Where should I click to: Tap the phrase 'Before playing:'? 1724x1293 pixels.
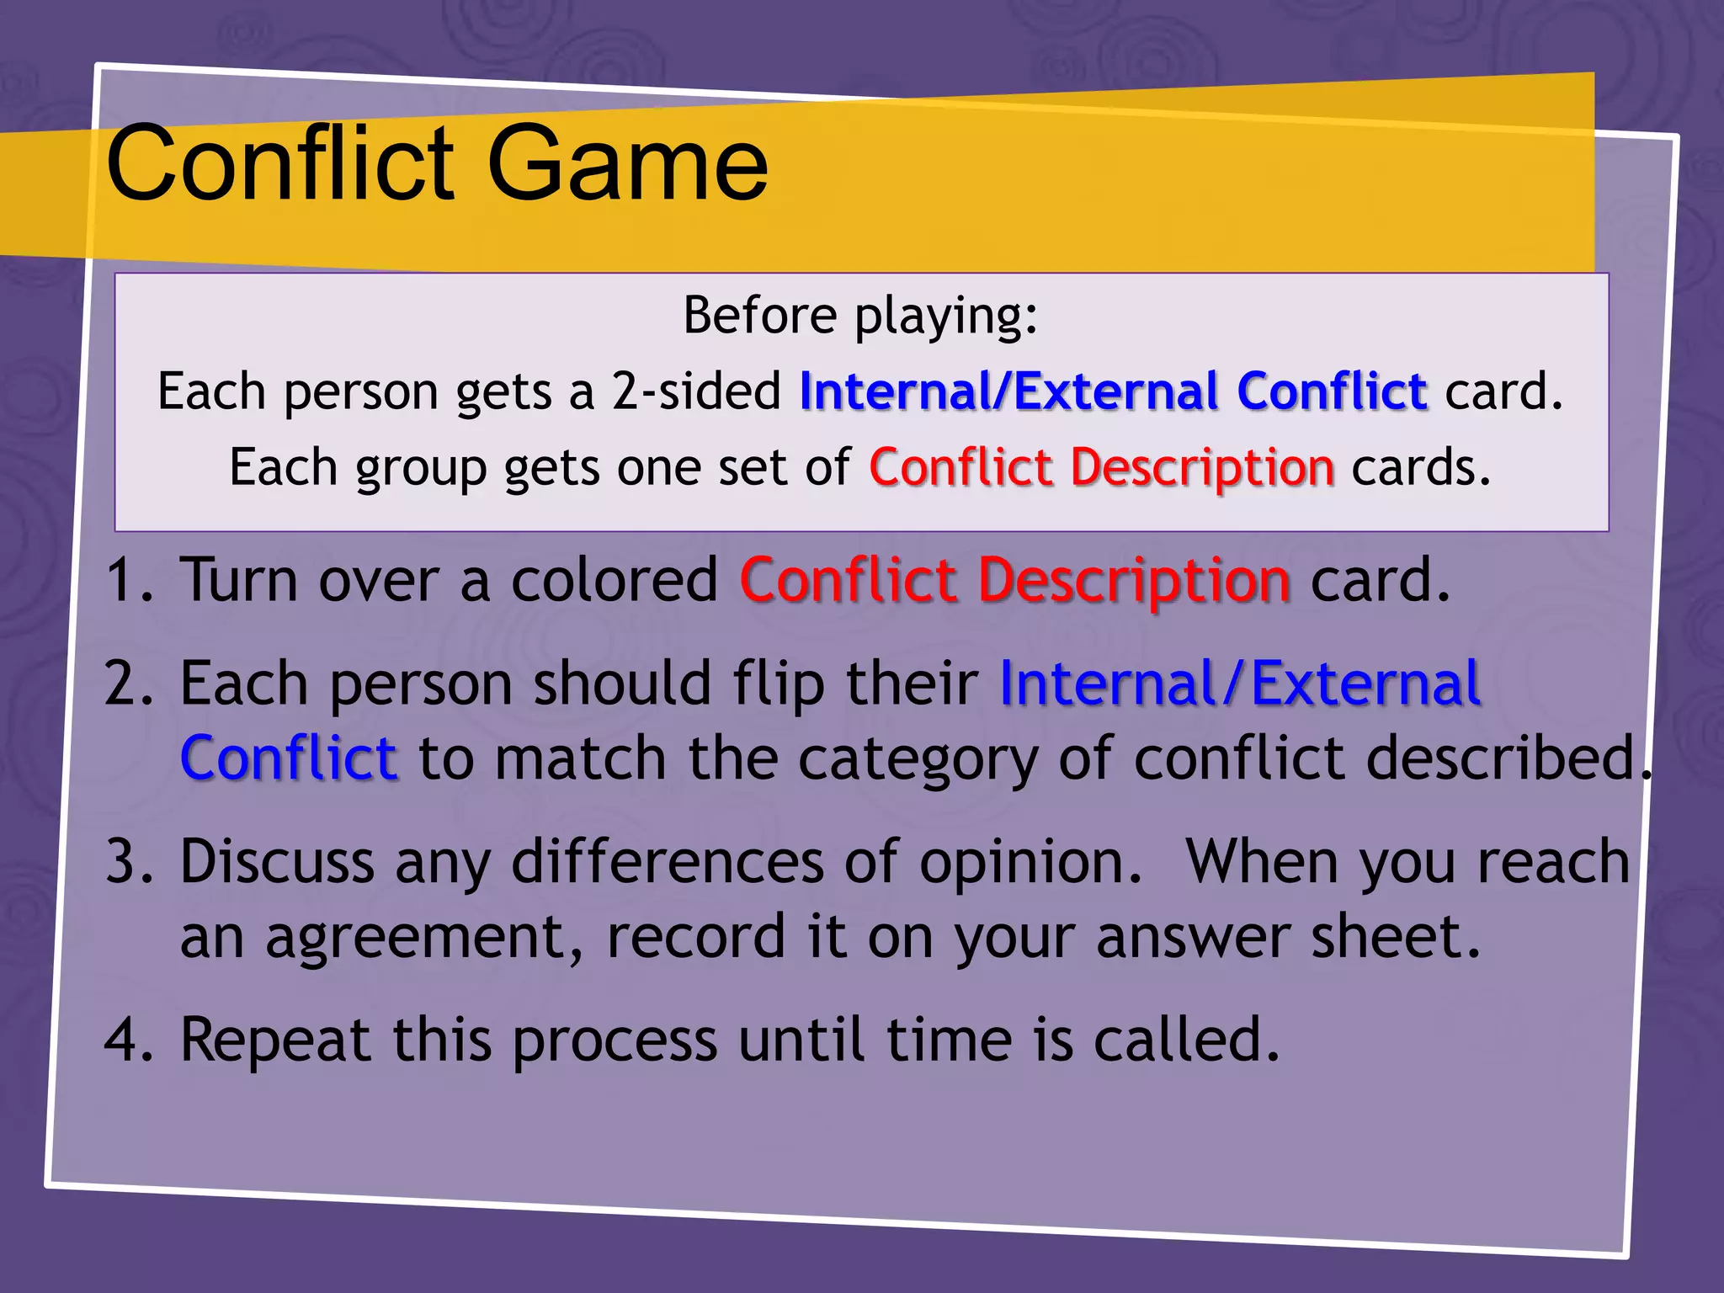point(860,316)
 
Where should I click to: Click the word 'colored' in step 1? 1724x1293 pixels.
point(615,581)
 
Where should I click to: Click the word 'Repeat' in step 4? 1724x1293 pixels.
point(275,1041)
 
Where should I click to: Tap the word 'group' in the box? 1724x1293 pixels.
point(421,469)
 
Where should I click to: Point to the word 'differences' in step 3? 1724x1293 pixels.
point(667,862)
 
